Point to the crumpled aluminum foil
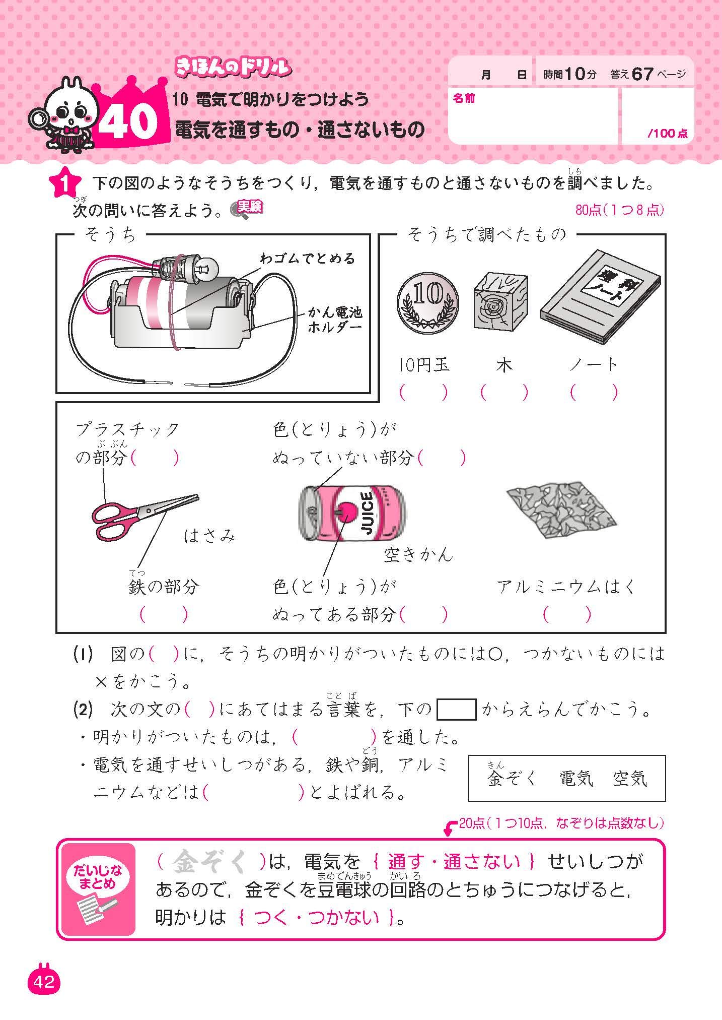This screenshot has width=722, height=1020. pos(562,513)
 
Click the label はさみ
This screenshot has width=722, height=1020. pos(209,536)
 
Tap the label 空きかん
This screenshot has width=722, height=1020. pos(418,555)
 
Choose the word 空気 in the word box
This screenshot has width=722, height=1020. pos(629,779)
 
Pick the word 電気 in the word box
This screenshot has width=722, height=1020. pos(576,779)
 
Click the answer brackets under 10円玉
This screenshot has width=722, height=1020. pos(423,393)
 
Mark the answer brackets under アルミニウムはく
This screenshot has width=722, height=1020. pos(567,614)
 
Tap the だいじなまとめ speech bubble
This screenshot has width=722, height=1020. pos(98,877)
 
